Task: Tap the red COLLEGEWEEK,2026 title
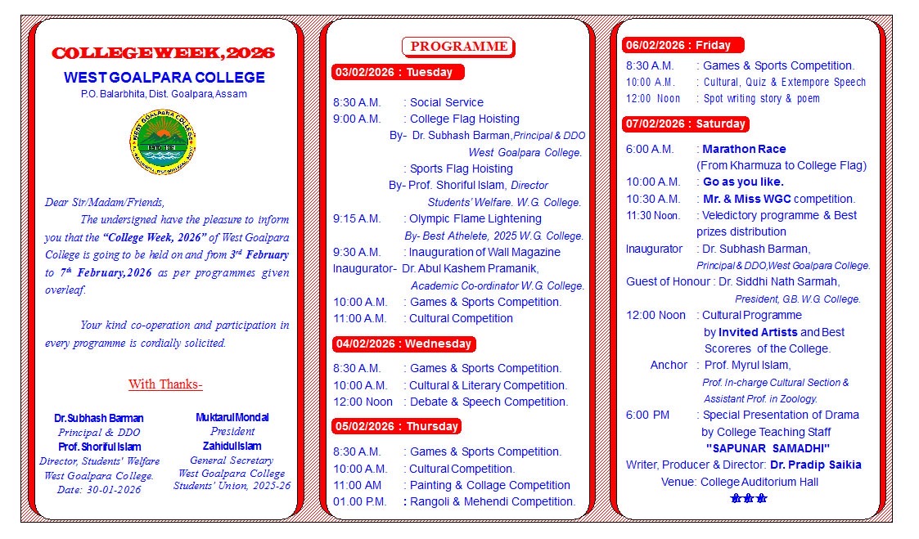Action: pyautogui.click(x=163, y=54)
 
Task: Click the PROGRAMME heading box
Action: pyautogui.click(x=458, y=47)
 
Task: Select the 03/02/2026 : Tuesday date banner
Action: pyautogui.click(x=398, y=72)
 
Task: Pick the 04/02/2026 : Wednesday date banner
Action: pyautogui.click(x=403, y=344)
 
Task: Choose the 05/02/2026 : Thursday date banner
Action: pyautogui.click(x=397, y=426)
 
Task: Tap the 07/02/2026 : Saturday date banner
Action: pyautogui.click(x=685, y=124)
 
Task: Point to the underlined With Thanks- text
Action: pyautogui.click(x=165, y=384)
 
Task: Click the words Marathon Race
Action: pyautogui.click(x=744, y=149)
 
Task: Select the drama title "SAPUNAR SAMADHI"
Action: pyautogui.click(x=768, y=448)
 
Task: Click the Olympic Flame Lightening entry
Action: pyautogui.click(x=475, y=218)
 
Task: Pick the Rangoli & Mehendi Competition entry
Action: pyautogui.click(x=492, y=501)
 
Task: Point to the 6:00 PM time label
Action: pyautogui.click(x=647, y=415)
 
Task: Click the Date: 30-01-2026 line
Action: pyautogui.click(x=100, y=489)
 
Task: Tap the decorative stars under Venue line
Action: pyautogui.click(x=749, y=498)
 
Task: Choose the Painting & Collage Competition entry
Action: pyautogui.click(x=489, y=485)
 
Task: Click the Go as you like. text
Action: pyautogui.click(x=743, y=182)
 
